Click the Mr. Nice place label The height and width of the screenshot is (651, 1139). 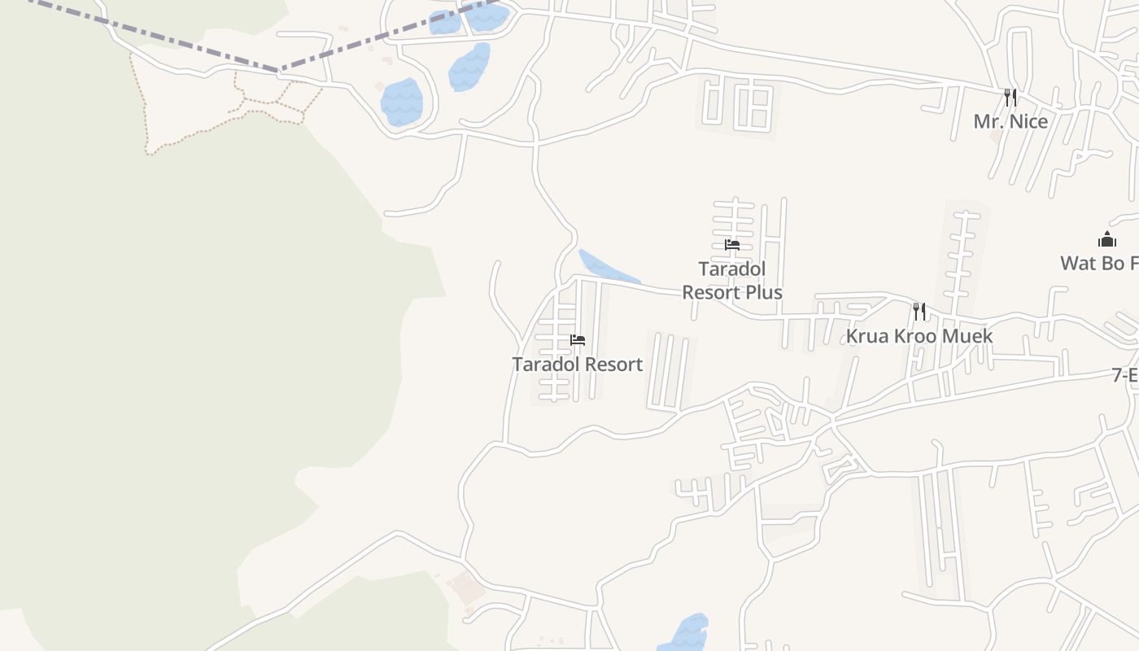(1010, 121)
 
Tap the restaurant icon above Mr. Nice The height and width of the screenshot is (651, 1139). (1010, 98)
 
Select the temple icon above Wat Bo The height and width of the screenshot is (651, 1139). (1106, 239)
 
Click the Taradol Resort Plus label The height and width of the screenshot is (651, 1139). (732, 280)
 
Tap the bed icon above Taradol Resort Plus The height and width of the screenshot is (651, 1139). (732, 244)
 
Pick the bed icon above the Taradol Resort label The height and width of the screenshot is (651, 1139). (578, 340)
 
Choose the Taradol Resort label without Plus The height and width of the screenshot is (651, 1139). (577, 364)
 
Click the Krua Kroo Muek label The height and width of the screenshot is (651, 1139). (919, 335)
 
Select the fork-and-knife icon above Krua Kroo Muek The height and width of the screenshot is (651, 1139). (919, 311)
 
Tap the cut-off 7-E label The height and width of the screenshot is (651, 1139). (1126, 375)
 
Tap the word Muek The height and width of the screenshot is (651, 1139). (967, 335)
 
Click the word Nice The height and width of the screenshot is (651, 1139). (1027, 121)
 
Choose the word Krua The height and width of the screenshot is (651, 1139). (868, 335)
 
